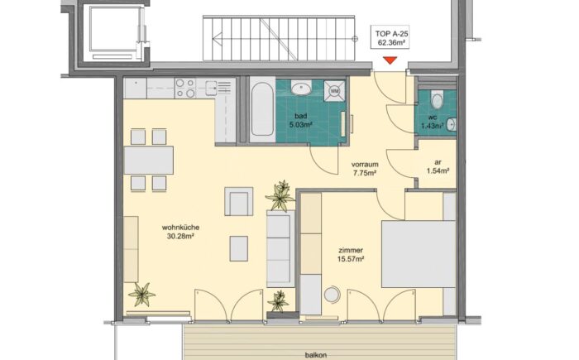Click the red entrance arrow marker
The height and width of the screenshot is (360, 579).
(x=390, y=60)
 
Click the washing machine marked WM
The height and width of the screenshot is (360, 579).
(x=334, y=90)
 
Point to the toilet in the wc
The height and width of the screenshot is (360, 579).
(x=438, y=99)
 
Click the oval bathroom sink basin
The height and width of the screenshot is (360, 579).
(x=302, y=89)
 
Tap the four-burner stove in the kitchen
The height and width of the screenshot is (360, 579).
(x=185, y=89)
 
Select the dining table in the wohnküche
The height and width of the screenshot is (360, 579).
(x=149, y=160)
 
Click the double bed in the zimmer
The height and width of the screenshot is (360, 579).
(x=419, y=254)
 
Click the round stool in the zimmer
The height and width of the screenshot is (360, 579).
(x=332, y=295)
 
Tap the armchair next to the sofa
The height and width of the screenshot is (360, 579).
(x=238, y=201)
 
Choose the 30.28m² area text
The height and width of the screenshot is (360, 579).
(x=180, y=236)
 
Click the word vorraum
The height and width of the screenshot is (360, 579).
(x=365, y=164)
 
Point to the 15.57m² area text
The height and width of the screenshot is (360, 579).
(x=351, y=259)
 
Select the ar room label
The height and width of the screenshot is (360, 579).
(x=438, y=162)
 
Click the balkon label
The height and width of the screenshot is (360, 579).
(x=316, y=355)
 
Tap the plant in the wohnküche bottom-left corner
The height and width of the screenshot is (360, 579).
(x=141, y=295)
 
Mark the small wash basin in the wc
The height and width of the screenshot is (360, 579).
(x=452, y=125)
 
